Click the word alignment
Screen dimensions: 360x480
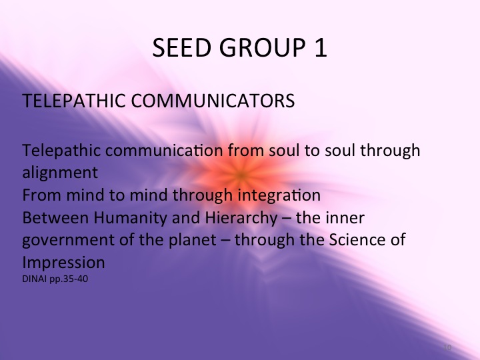tap(60, 172)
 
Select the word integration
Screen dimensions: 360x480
tap(283, 195)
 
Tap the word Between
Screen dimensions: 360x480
tap(52, 217)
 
